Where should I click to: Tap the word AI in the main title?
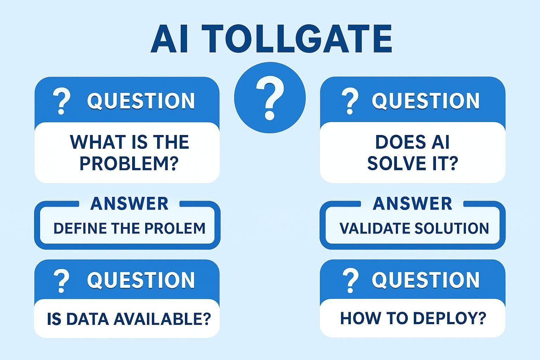169,39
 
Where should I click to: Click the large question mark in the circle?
270,98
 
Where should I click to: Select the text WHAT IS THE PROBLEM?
129,152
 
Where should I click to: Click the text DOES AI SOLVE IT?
412,152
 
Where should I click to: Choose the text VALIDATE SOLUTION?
414,229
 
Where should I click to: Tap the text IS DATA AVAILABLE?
129,319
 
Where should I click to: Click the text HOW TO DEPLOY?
413,318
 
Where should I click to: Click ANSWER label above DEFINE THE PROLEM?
129,204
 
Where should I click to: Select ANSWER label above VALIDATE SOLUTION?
412,204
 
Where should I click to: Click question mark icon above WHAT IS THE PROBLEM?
62,101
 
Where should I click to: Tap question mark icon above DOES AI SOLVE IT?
350,101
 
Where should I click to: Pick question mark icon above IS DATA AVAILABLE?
62,281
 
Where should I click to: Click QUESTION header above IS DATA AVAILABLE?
141,280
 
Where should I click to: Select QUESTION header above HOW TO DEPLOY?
426,280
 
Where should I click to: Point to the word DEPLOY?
449,318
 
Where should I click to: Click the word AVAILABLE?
162,319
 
